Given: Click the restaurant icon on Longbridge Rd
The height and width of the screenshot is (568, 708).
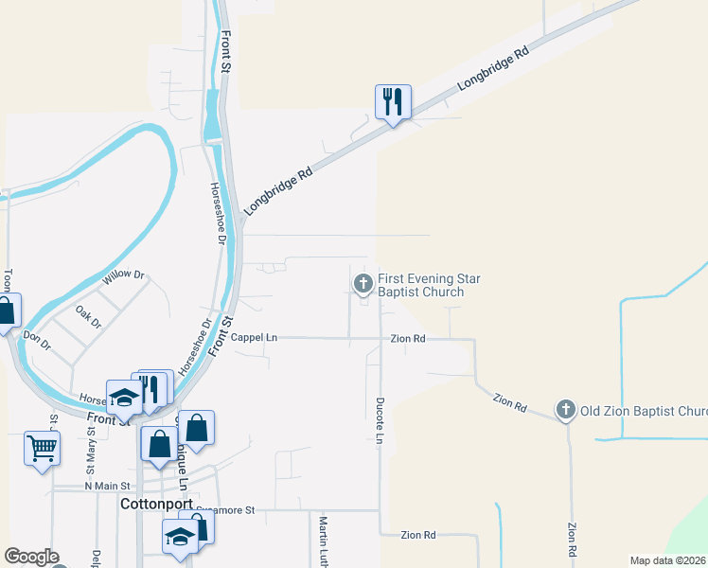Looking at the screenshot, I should pyautogui.click(x=393, y=101).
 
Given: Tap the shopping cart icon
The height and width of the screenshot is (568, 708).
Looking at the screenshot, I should pyautogui.click(x=42, y=448).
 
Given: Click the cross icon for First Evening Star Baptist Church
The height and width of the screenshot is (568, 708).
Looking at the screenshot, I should pyautogui.click(x=363, y=283).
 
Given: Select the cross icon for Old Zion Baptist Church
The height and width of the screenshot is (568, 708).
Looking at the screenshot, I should pyautogui.click(x=566, y=410).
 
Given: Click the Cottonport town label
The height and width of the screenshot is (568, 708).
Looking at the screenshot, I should pyautogui.click(x=157, y=505).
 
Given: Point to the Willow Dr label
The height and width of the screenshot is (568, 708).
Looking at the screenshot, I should pyautogui.click(x=124, y=276).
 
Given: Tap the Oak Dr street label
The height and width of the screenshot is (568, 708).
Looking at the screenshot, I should pyautogui.click(x=88, y=315).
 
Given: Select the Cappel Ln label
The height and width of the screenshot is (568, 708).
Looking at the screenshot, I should pyautogui.click(x=254, y=337).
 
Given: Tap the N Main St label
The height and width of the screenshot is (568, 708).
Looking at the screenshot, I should pyautogui.click(x=105, y=487).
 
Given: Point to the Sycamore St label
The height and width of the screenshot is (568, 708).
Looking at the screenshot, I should pyautogui.click(x=227, y=510).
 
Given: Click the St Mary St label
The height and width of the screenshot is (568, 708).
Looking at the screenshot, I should pyautogui.click(x=91, y=451).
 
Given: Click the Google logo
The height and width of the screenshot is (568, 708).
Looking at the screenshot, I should pyautogui.click(x=31, y=557).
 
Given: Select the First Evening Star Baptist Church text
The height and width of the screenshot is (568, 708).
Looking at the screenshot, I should pyautogui.click(x=429, y=285).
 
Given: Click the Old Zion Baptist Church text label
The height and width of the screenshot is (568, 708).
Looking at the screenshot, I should pyautogui.click(x=644, y=411).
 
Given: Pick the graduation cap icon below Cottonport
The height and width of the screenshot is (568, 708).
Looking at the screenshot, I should pyautogui.click(x=179, y=537).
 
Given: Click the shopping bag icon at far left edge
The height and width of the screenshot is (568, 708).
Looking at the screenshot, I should pyautogui.click(x=6, y=311).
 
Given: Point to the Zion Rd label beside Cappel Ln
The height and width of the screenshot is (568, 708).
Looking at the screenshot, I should pyautogui.click(x=407, y=338).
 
